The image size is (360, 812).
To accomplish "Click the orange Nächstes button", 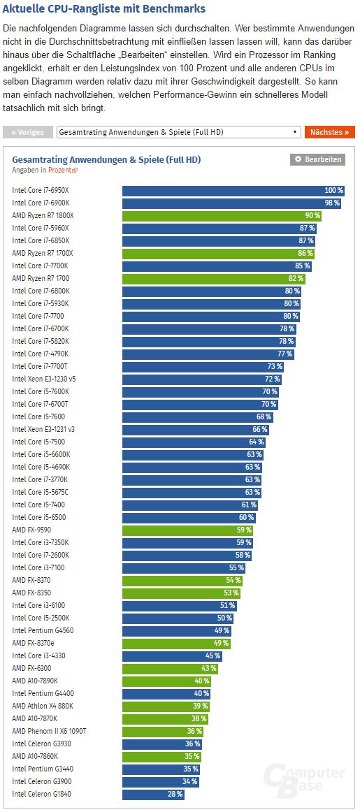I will coord(329,132).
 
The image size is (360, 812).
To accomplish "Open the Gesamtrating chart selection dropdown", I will coord(178,132).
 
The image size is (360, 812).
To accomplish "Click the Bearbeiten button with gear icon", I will coord(317,159).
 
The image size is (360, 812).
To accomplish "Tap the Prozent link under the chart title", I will coord(62,170).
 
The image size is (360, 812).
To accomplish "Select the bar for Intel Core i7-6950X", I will coord(233,190).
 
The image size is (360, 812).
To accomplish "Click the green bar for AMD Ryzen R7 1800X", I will coord(222,215).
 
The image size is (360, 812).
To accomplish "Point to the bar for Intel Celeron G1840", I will coord(153,794).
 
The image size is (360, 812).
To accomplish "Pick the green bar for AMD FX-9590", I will coord(187,530).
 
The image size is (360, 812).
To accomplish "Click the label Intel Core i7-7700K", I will coord(41,266).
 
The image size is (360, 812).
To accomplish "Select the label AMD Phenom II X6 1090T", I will coord(49,731).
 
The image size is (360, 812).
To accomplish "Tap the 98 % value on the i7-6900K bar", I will coord(331,203).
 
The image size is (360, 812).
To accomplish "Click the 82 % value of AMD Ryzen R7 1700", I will coord(296,278).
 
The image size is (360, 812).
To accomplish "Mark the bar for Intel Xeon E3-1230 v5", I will coord(202,379).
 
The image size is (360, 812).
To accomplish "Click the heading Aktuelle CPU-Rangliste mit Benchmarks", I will coord(104,9).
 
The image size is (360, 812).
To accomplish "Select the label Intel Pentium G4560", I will coord(42,630).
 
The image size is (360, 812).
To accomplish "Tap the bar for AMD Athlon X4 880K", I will coord(166,706).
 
